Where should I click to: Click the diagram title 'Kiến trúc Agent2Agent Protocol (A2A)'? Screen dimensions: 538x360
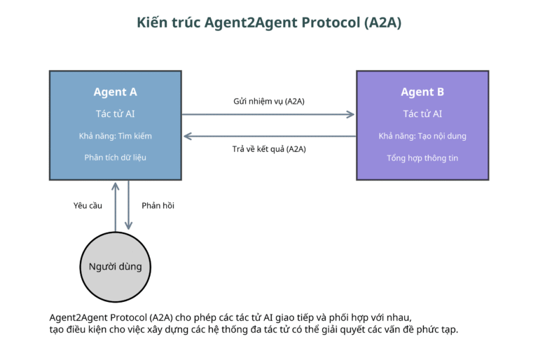269,22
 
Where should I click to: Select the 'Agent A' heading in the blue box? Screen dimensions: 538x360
116,92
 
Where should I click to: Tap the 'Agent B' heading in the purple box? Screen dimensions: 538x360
422,92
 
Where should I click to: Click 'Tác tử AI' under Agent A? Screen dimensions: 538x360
116,113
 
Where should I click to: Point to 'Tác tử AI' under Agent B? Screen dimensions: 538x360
422,113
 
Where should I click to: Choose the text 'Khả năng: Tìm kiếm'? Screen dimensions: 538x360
116,136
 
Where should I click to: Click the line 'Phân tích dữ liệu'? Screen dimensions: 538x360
116,158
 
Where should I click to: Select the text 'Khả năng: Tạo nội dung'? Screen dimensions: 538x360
422,136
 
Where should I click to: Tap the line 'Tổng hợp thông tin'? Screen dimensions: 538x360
422,158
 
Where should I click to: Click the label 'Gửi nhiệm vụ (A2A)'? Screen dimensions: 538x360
269,102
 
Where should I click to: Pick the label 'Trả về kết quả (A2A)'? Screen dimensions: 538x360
269,149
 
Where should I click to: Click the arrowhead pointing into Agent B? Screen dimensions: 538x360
351,114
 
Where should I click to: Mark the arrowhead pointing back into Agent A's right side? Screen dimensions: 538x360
188,137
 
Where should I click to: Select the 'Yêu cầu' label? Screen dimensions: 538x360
88,206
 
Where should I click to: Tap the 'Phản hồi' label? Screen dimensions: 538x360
158,206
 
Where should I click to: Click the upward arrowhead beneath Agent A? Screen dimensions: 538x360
116,186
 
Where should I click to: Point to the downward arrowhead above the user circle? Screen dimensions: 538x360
128,226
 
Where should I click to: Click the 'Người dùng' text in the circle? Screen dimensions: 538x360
116,267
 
